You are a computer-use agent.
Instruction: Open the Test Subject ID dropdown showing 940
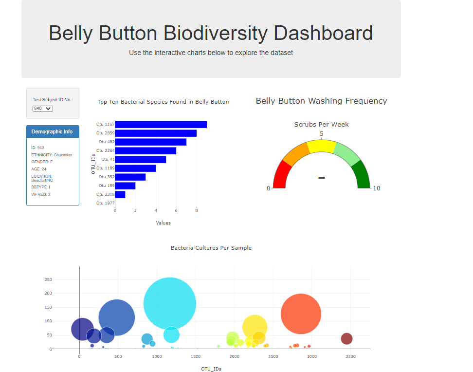[x=43, y=109]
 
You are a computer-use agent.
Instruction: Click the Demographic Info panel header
[x=53, y=132]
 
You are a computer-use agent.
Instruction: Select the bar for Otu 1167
[x=161, y=124]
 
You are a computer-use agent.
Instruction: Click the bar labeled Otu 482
[x=150, y=142]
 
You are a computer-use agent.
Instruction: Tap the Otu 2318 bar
[x=120, y=194]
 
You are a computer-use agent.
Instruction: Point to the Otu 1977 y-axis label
[x=105, y=203]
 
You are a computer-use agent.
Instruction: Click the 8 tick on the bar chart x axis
[x=197, y=211]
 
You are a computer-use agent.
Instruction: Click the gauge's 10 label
[x=376, y=188]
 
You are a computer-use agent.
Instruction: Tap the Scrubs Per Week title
[x=321, y=125]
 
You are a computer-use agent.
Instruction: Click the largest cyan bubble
[x=170, y=303]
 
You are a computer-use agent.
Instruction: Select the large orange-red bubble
[x=301, y=314]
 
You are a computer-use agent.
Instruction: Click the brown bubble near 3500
[x=346, y=338]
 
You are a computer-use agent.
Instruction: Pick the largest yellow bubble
[x=254, y=327]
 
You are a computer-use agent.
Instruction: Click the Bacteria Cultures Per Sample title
[x=211, y=248]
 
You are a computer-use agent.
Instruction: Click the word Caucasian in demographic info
[x=63, y=155]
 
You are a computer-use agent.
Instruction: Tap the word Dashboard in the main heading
[x=323, y=33]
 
